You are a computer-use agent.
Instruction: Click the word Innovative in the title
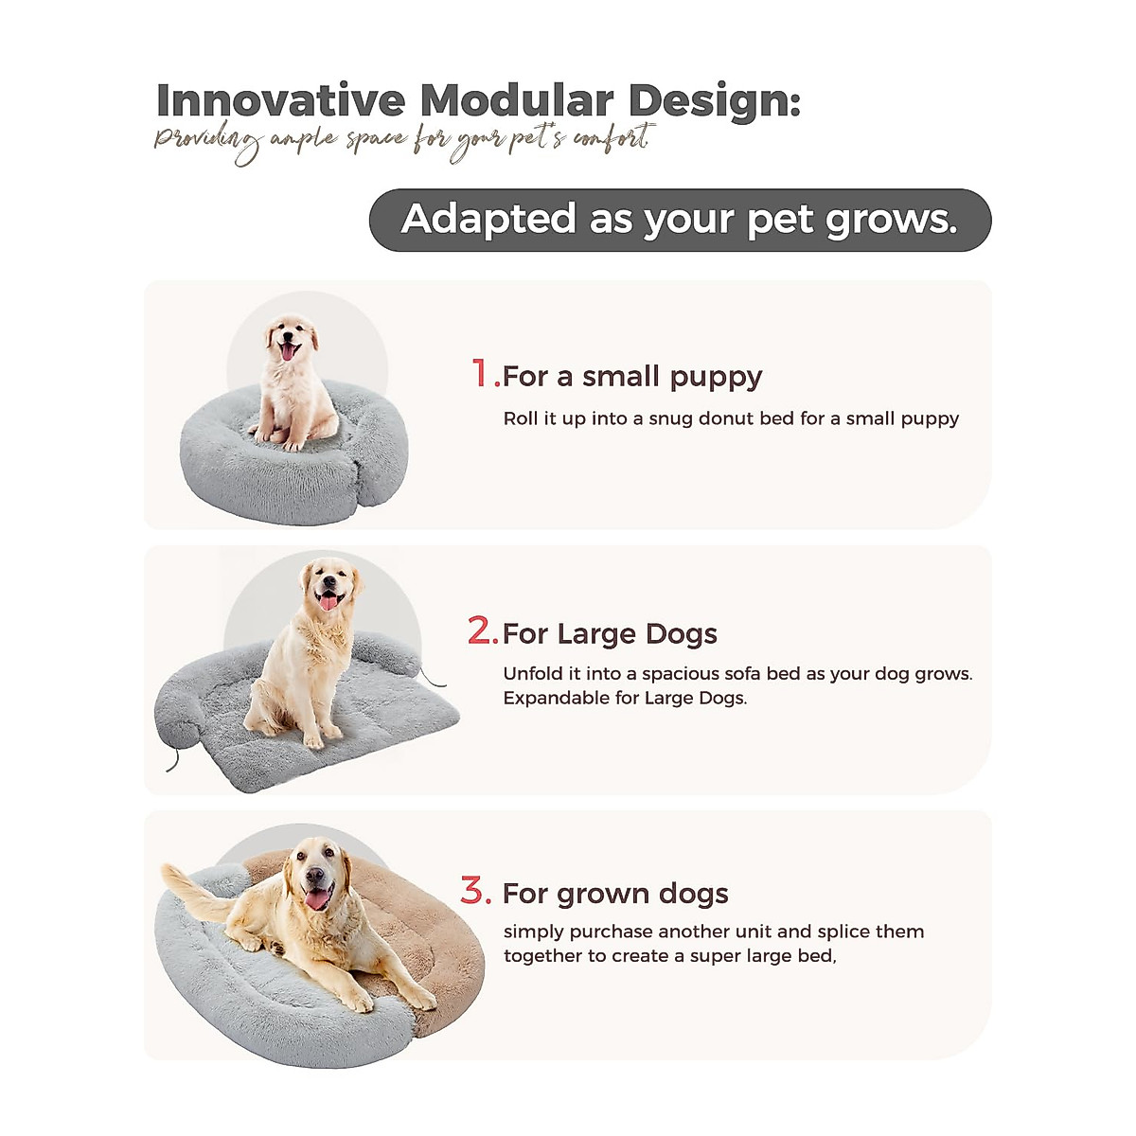click(x=280, y=100)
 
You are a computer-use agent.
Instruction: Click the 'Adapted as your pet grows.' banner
click(x=680, y=220)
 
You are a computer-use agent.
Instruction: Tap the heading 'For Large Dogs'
click(x=611, y=634)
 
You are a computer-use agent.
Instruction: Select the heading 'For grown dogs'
click(x=615, y=895)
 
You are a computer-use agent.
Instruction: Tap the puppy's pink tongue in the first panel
click(x=288, y=352)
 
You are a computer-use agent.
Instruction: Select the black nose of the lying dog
click(x=315, y=875)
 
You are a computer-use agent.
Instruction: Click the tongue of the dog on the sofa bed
click(x=328, y=602)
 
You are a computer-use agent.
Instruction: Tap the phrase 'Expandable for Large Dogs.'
click(x=625, y=699)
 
